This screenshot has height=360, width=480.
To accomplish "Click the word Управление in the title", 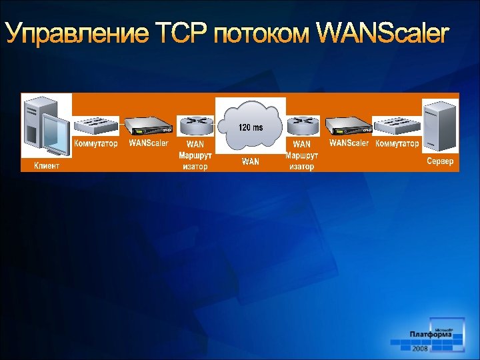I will tap(77, 33).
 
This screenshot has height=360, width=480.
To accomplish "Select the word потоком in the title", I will tap(262, 33).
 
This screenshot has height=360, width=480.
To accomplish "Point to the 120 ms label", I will tap(251, 127).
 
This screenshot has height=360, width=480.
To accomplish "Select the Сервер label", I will tap(440, 161).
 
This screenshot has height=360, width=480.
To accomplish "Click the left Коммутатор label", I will tap(96, 143).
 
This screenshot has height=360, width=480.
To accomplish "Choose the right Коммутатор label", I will tap(397, 143).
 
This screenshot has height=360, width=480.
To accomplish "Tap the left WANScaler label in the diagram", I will tap(149, 143).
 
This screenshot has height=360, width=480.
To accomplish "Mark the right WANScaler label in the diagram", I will tap(349, 143).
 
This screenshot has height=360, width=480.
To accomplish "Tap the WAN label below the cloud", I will tap(251, 162).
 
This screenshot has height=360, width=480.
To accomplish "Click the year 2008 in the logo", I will tap(420, 349).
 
